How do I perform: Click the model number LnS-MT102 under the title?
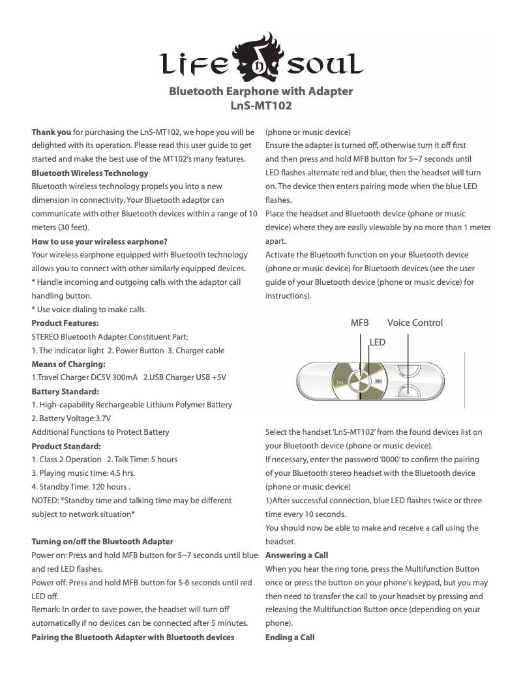point(261,104)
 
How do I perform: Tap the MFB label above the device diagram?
point(359,323)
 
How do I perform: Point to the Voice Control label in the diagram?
point(415,323)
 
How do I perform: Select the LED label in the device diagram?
point(378,342)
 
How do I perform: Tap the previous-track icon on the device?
point(340,381)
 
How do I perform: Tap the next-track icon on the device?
point(378,381)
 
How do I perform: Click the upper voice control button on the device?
point(409,370)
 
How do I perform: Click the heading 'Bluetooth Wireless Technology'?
point(90,173)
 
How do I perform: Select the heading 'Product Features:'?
point(65,323)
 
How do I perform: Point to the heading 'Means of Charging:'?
point(68,364)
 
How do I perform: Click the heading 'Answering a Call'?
point(297,555)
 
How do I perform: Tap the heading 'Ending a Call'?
point(290,637)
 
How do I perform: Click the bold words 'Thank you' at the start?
point(52,132)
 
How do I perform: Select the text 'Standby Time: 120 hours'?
point(79,487)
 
